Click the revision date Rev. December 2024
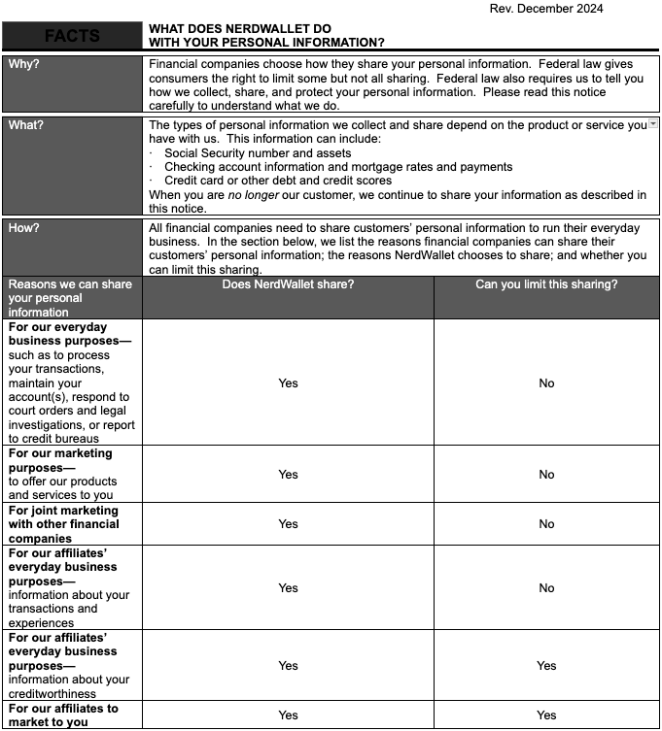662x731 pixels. point(546,9)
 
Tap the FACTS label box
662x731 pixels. point(72,37)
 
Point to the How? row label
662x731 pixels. point(26,228)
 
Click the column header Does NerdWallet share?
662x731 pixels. point(288,284)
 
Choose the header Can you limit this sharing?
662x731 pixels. point(546,284)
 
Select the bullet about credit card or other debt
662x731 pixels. point(278,181)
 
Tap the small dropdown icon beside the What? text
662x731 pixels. point(653,124)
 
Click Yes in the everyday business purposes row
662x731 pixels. point(288,383)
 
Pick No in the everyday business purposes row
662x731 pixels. point(546,383)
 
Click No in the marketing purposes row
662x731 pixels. point(546,475)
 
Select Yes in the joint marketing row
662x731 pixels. point(288,524)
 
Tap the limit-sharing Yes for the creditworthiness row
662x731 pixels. point(546,666)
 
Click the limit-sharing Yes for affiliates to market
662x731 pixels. point(546,715)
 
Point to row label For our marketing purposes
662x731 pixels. point(60,460)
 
